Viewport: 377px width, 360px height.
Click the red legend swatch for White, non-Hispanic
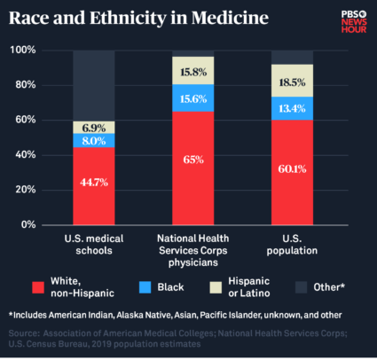pos(37,286)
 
